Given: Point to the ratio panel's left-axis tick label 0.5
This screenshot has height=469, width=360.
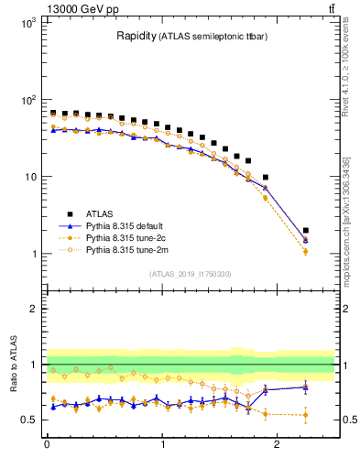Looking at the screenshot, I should coord(27,420).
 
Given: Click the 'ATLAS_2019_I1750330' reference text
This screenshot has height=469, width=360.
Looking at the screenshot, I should coord(191,273).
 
